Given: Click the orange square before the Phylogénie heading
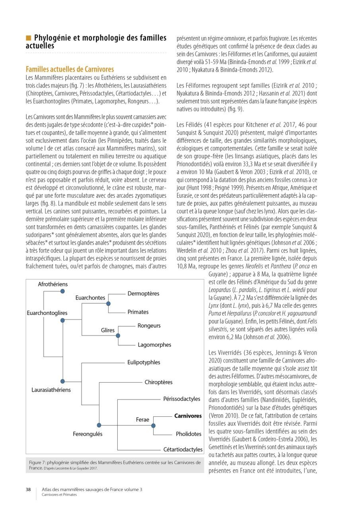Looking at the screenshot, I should (28, 38).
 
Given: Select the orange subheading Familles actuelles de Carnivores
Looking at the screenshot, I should (70, 69).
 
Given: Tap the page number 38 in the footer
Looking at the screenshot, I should (28, 490).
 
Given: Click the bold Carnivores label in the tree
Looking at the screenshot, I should (188, 416).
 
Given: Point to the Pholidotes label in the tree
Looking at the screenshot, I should (189, 434).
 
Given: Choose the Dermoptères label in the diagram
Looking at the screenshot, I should (143, 293).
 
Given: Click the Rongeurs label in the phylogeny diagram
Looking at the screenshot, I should (149, 326).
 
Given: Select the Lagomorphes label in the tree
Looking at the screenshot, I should (154, 345).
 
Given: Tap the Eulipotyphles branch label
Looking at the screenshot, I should (144, 362).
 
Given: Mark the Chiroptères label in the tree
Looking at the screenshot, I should (158, 382).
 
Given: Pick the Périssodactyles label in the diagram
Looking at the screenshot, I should (181, 398).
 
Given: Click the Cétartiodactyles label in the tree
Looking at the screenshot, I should (183, 449).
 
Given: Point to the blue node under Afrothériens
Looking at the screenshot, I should (62, 292).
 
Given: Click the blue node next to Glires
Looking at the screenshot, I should (118, 336).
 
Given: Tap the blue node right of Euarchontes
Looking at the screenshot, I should (109, 303).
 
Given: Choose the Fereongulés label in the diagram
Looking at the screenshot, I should (87, 434).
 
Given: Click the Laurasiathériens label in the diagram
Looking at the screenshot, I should (51, 390).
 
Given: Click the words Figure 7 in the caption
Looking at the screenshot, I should (39, 463).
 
